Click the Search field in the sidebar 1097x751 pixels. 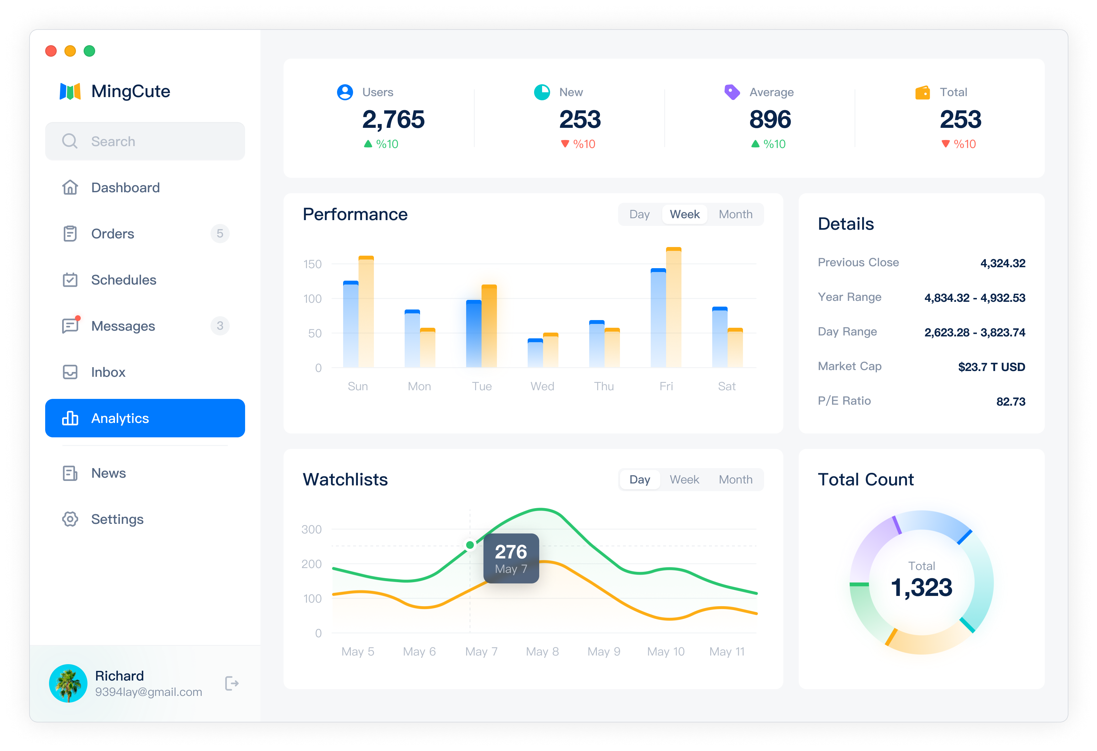coord(145,141)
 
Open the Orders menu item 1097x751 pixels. coord(112,234)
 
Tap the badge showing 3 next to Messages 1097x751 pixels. coord(220,326)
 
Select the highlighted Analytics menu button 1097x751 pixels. coord(145,418)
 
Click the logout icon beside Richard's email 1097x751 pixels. coord(232,683)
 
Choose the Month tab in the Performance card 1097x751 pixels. coord(735,214)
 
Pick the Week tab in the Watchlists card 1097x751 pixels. coord(684,480)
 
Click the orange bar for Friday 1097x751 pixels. coord(673,307)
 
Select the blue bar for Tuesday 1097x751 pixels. coord(474,334)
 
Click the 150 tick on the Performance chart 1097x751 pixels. coord(312,264)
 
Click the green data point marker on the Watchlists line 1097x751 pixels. coord(470,545)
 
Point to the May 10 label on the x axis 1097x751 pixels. coord(665,651)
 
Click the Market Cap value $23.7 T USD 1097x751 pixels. coord(991,367)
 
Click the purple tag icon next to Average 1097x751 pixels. coord(732,92)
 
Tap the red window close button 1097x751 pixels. coord(51,51)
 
